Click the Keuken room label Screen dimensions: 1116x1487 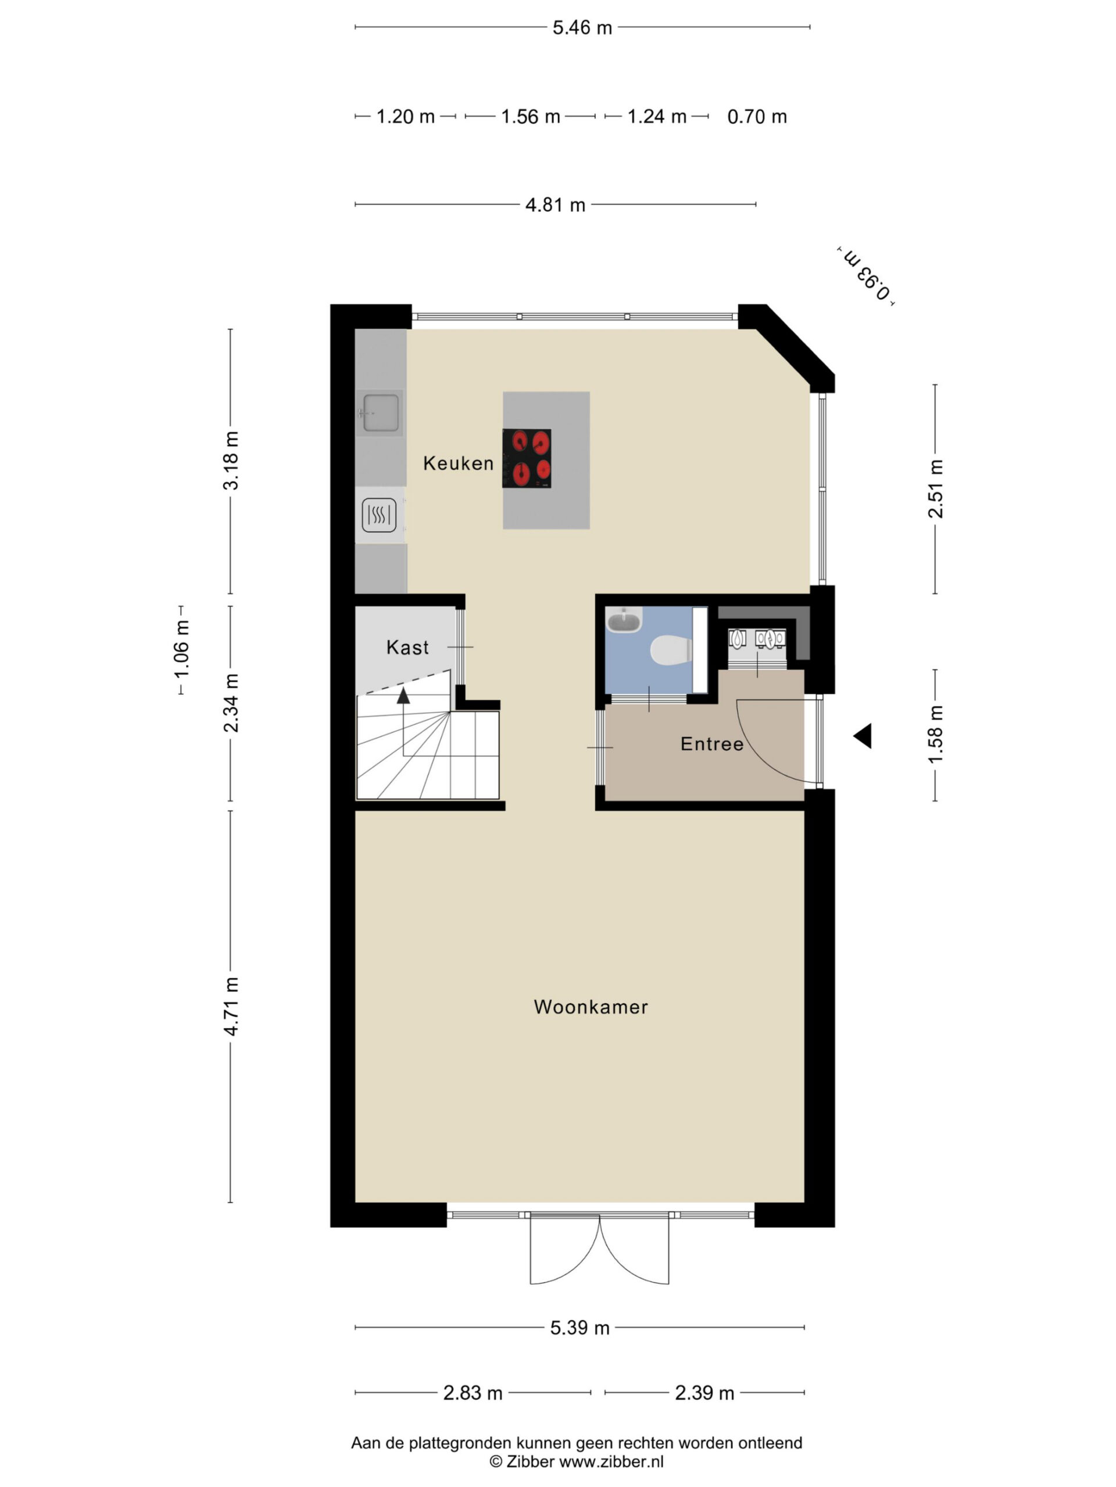click(x=458, y=463)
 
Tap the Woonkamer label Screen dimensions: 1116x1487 click(x=591, y=1007)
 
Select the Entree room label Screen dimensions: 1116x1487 click(x=711, y=743)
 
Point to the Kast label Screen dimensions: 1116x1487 click(x=407, y=648)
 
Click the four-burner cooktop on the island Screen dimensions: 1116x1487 click(x=527, y=458)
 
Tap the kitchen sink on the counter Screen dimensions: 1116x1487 click(x=380, y=412)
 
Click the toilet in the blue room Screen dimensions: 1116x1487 click(x=671, y=651)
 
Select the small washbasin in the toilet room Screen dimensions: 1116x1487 click(x=624, y=619)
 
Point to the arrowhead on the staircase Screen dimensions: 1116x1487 click(x=403, y=695)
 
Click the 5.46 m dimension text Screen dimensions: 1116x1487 click(x=582, y=27)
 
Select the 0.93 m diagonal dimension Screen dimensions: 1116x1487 click(x=867, y=276)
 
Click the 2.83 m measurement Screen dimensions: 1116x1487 click(x=473, y=1392)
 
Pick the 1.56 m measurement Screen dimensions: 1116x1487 click(x=531, y=117)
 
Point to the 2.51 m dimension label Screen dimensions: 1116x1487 click(x=936, y=489)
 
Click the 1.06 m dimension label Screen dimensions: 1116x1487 click(x=181, y=650)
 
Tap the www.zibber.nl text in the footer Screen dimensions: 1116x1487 click(x=611, y=1461)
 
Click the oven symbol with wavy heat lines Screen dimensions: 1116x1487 click(x=380, y=516)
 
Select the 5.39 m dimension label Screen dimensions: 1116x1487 click(x=580, y=1328)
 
